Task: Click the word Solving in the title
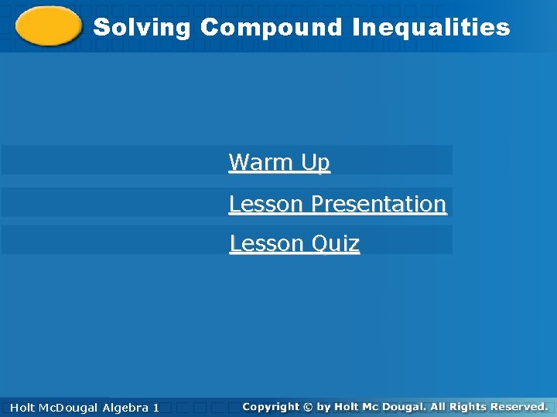142,28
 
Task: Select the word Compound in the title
271,28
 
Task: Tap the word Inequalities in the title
431,28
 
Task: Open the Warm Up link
279,162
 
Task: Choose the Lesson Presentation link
337,204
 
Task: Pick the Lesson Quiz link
294,244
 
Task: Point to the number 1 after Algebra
155,407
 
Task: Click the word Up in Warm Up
316,162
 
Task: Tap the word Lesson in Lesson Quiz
257,244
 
